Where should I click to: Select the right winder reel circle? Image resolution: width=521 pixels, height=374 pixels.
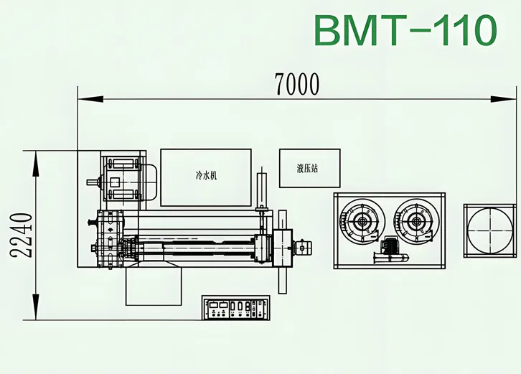416,222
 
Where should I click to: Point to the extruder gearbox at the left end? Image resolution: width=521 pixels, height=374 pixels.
111,237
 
